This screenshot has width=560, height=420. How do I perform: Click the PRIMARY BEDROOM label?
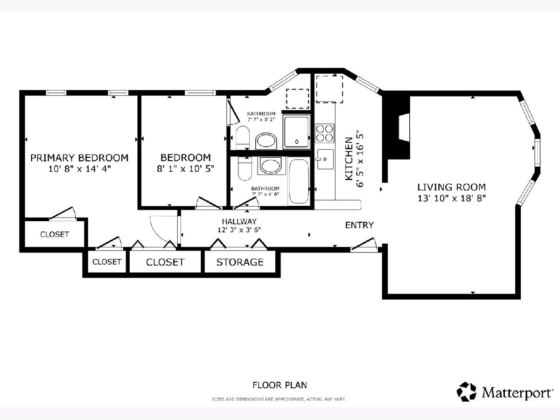click(x=79, y=158)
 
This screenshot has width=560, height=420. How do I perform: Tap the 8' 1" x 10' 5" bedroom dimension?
click(x=185, y=168)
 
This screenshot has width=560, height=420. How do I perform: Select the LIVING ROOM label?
click(x=451, y=187)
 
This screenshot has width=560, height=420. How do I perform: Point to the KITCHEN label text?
click(x=349, y=159)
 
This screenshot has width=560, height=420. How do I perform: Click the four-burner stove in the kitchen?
click(x=324, y=133)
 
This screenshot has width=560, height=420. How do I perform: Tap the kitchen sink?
click(x=325, y=159)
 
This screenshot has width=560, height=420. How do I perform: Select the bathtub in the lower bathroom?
click(x=299, y=182)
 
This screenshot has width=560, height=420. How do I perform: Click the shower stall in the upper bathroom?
click(x=296, y=132)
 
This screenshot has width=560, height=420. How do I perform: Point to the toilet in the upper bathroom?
click(x=242, y=138)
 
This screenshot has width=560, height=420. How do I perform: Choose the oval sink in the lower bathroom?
click(x=271, y=165)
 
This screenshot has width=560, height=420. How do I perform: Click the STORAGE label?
click(x=240, y=262)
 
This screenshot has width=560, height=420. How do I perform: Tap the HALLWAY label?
click(x=239, y=221)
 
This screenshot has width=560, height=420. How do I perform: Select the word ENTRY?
click(x=359, y=225)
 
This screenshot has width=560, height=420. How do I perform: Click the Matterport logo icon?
click(x=466, y=392)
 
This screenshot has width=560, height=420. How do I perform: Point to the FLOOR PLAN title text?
click(x=280, y=385)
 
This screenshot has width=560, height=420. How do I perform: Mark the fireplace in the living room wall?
click(x=404, y=127)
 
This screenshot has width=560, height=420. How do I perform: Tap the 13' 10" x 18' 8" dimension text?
click(x=452, y=198)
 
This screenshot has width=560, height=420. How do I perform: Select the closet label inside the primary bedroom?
click(x=55, y=234)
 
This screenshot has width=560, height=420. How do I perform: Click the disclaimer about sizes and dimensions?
click(x=279, y=399)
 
